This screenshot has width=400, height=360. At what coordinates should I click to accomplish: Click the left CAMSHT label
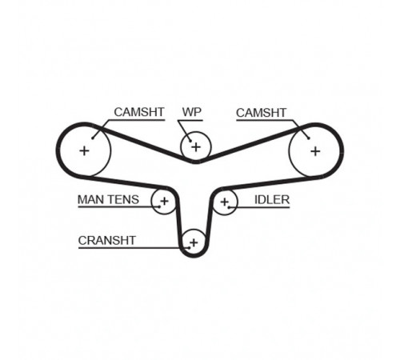tap(139, 112)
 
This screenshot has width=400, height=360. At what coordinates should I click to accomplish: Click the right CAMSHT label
tap(261, 113)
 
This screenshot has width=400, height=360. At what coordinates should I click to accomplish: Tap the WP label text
tap(192, 112)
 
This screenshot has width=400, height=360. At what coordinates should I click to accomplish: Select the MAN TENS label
tap(108, 199)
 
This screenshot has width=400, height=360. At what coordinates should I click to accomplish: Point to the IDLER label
tap(272, 200)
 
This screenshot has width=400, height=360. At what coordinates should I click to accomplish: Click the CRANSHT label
tap(107, 241)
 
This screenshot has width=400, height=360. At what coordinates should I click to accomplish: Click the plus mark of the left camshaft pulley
tap(85, 151)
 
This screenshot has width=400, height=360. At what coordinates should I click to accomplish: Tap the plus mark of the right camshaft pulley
tap(315, 151)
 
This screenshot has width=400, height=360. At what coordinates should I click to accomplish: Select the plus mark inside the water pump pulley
tap(196, 147)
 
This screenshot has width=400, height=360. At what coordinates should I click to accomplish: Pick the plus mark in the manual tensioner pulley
tap(165, 201)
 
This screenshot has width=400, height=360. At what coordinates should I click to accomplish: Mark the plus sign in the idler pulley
tap(225, 202)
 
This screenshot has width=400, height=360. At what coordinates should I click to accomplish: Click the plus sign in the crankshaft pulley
tap(194, 242)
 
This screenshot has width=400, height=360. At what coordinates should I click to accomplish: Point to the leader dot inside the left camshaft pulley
tap(93, 138)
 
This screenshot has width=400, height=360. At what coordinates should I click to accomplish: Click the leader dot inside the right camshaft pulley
tap(309, 138)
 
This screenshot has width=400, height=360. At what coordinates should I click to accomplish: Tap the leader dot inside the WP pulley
tap(190, 141)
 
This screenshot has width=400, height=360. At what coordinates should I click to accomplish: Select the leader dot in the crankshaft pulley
tap(189, 248)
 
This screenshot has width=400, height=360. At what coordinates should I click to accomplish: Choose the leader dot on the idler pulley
tap(229, 206)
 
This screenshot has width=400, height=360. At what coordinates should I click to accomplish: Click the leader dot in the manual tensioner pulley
tap(159, 206)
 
